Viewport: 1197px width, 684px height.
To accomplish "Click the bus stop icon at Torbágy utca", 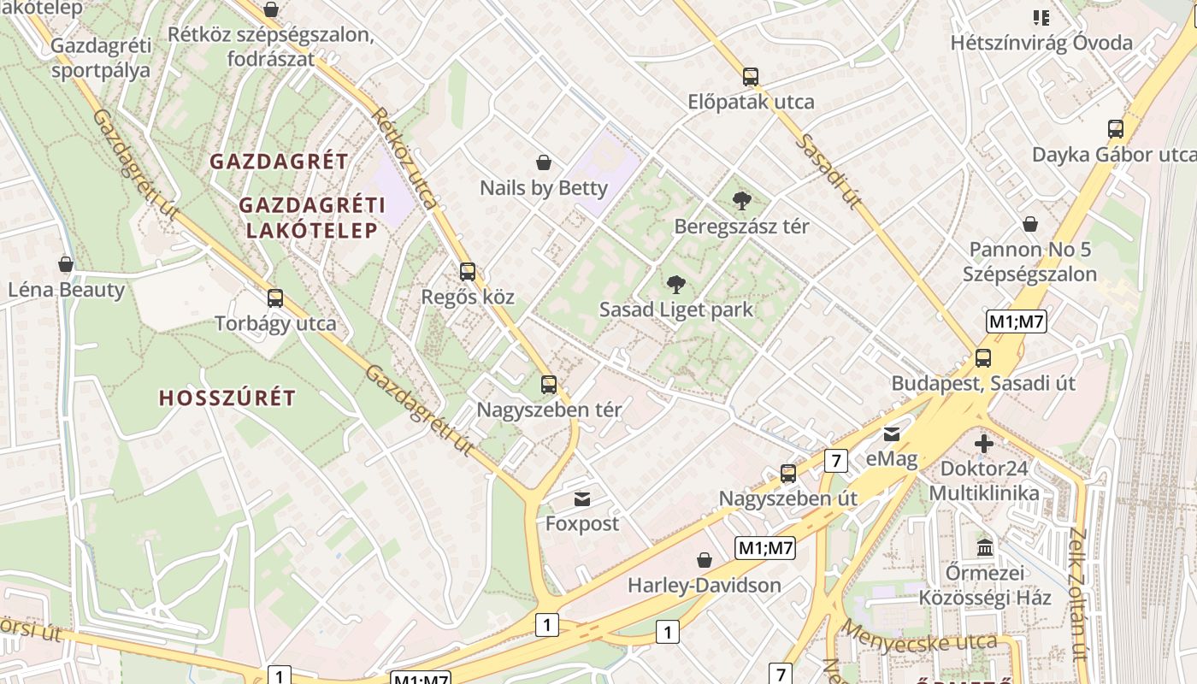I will [275, 298].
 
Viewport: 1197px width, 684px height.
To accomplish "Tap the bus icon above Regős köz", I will [468, 272].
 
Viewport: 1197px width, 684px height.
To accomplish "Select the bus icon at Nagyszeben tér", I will [549, 385].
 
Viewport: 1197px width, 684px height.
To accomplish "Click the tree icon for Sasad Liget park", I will [675, 284].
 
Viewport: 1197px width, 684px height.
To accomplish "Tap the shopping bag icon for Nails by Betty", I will [543, 162].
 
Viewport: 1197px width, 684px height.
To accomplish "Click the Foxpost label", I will [581, 523].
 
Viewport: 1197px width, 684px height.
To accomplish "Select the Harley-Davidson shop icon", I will [705, 560].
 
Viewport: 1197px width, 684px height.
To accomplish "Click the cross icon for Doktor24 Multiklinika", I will [984, 444].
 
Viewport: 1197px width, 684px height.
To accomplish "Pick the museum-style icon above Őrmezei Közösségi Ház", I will [985, 547].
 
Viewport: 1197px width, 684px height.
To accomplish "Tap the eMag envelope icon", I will [892, 434].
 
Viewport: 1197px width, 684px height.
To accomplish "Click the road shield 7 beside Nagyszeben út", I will [836, 461].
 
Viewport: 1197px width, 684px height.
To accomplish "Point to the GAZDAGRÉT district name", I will [279, 162].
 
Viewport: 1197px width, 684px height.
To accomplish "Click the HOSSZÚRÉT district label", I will [227, 398].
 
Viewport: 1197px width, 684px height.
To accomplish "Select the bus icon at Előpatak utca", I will [751, 77].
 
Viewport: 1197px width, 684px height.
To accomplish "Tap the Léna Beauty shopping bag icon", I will [66, 264].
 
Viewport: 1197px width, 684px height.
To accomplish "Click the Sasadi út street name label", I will [827, 171].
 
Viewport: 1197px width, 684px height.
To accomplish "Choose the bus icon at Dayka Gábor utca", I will [1116, 129].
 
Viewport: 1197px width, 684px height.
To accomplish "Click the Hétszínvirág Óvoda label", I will [1041, 43].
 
